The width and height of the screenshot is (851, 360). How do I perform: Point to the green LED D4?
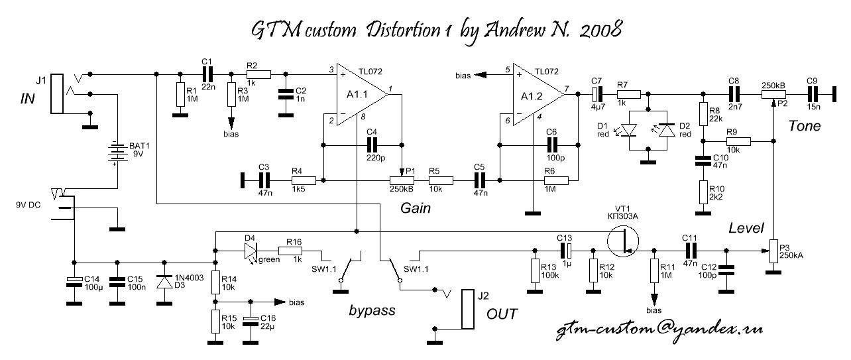250,251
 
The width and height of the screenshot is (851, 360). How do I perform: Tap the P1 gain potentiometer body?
402,180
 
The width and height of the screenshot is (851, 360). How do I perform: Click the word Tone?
804,127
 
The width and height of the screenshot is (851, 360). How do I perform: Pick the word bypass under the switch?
372,310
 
